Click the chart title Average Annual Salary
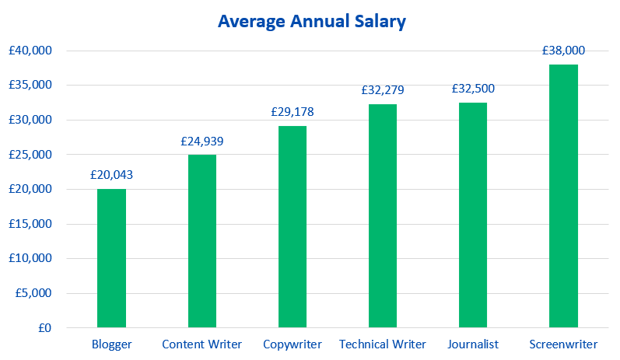pyautogui.click(x=311, y=22)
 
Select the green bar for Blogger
pyautogui.click(x=111, y=258)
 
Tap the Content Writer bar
pyautogui.click(x=201, y=241)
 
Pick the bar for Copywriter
pyautogui.click(x=292, y=226)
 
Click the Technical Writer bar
pyautogui.click(x=383, y=215)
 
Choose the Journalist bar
pyautogui.click(x=473, y=215)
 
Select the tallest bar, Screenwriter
pyautogui.click(x=563, y=196)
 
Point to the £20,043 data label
pyautogui.click(x=111, y=175)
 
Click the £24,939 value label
pyautogui.click(x=201, y=142)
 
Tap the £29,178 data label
pyautogui.click(x=292, y=112)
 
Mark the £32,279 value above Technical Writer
pyautogui.click(x=383, y=90)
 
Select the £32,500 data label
pyautogui.click(x=473, y=89)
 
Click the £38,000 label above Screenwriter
pyautogui.click(x=563, y=51)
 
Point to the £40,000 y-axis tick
pyautogui.click(x=30, y=51)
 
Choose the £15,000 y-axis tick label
pyautogui.click(x=30, y=224)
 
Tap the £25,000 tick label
pyautogui.click(x=30, y=155)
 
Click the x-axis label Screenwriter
pyautogui.click(x=563, y=344)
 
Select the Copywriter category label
pyautogui.click(x=292, y=344)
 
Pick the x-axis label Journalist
pyautogui.click(x=473, y=344)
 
